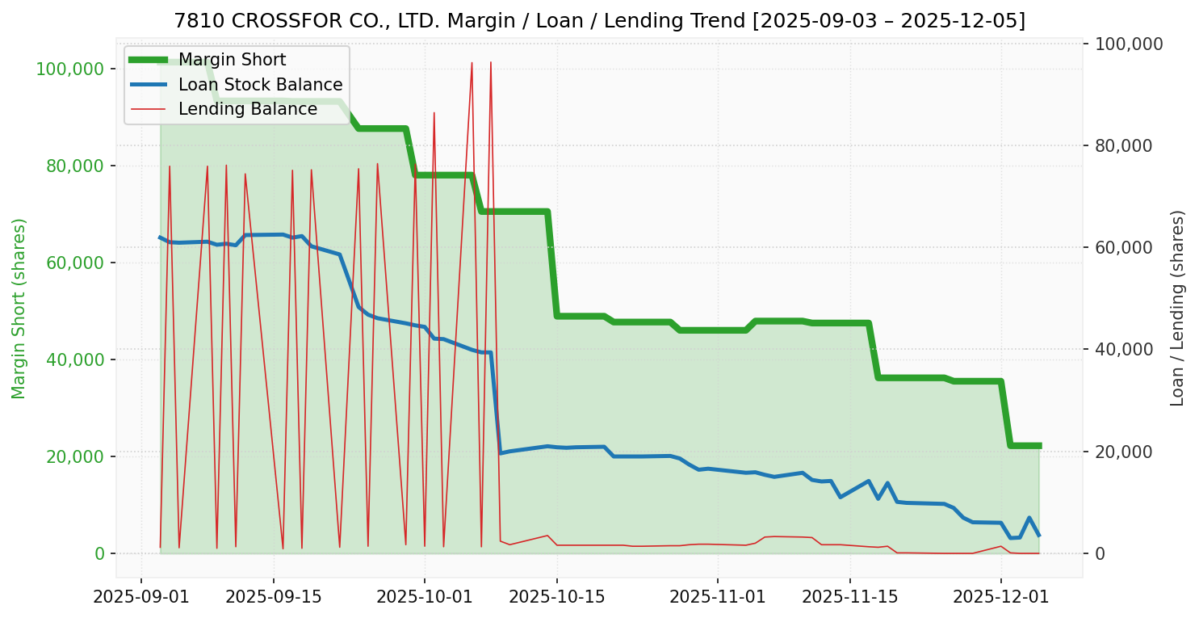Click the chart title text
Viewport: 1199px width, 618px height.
click(599, 20)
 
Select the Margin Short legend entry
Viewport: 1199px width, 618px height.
click(232, 60)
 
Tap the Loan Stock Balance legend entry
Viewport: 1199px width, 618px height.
click(260, 85)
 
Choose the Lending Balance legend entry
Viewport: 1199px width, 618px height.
click(247, 109)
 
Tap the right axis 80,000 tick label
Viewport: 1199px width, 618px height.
click(1128, 146)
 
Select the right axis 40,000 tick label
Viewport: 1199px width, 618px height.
click(1128, 350)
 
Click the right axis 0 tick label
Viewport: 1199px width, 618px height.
click(1100, 553)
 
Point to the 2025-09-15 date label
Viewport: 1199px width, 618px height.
click(273, 597)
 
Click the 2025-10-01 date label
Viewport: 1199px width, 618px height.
click(425, 597)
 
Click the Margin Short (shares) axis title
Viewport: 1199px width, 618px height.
click(19, 309)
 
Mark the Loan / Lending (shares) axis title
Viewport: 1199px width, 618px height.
click(1177, 308)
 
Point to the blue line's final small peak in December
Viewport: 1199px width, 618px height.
click(1029, 518)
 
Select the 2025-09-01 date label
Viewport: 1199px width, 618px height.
click(141, 597)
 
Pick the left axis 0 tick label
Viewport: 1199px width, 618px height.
click(100, 553)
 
